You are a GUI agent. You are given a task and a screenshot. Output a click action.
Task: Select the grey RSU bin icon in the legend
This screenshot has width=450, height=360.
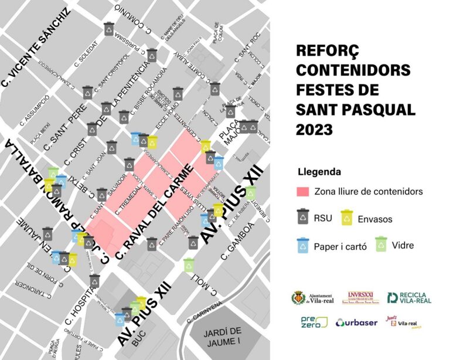point(304,217)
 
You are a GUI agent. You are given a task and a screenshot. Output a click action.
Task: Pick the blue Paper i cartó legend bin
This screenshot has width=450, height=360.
point(304,244)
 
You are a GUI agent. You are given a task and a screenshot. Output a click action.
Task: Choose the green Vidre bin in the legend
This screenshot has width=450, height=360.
point(382,244)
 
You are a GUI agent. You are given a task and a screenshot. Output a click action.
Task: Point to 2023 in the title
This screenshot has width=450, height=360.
point(316,128)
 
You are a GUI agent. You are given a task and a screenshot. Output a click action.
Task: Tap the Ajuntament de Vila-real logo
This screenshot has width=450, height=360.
point(312,298)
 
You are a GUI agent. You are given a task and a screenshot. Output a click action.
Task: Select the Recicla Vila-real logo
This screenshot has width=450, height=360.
point(409,298)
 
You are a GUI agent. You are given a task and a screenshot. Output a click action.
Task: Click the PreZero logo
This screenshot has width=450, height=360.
point(311,322)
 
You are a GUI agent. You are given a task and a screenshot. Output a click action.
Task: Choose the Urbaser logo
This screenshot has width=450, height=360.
point(357,322)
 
